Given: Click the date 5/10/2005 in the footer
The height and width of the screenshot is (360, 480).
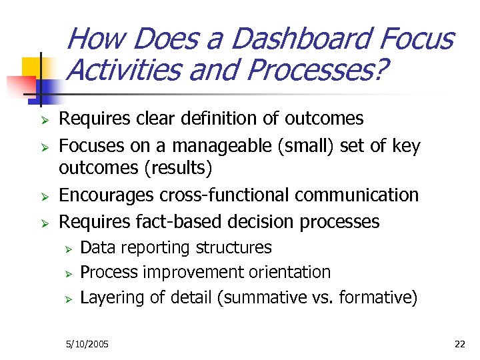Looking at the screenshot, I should coord(87,344).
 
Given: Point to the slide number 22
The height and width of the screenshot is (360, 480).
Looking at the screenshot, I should coord(459,344).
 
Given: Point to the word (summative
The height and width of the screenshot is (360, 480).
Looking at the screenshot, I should coord(255,297).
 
